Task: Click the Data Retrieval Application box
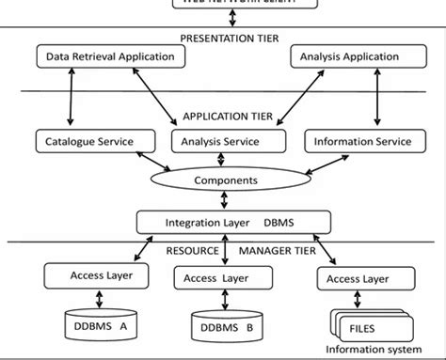click(x=110, y=57)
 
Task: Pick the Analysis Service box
click(x=229, y=142)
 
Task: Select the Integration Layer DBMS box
click(x=234, y=223)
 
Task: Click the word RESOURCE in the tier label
click(x=192, y=251)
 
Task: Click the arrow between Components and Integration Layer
click(x=223, y=200)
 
